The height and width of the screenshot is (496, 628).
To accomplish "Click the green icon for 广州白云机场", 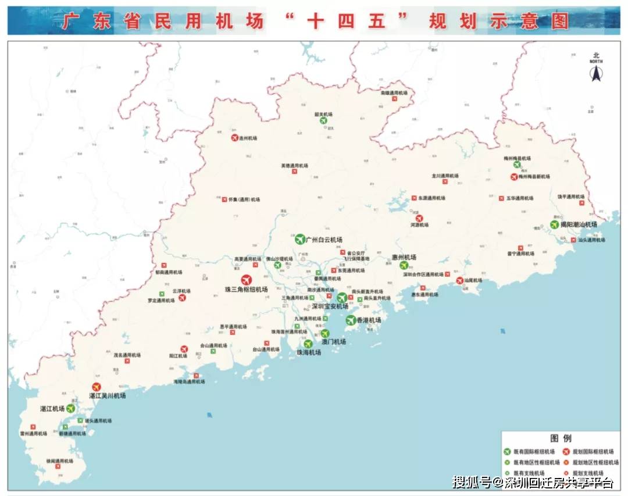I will (300, 239).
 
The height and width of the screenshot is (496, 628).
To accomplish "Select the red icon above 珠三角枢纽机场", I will (247, 279).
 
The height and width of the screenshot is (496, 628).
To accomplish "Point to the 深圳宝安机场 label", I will (330, 306).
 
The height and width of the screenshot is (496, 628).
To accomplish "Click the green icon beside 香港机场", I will (351, 320).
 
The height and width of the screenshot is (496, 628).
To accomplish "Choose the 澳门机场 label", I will (333, 342).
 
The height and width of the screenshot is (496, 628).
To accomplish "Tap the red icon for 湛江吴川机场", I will (97, 387).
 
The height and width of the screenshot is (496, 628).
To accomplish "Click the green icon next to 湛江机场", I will (71, 408).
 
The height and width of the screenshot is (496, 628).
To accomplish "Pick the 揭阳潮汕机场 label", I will (579, 224).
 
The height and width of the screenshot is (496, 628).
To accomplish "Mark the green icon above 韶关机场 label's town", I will (323, 120).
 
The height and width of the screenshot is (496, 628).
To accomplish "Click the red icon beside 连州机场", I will (235, 138).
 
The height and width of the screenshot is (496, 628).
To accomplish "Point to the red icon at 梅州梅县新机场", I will (514, 177).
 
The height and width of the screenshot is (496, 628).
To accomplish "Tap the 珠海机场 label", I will (309, 352).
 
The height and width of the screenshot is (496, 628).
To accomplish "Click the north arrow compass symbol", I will (595, 73).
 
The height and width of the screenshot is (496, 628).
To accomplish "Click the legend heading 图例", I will (561, 438).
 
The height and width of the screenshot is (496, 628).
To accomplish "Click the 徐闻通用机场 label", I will (60, 461).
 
